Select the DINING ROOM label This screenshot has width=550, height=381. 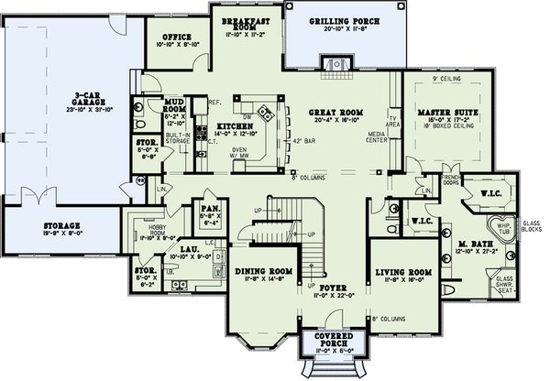262,272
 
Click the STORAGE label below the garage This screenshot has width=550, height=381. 60,225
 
